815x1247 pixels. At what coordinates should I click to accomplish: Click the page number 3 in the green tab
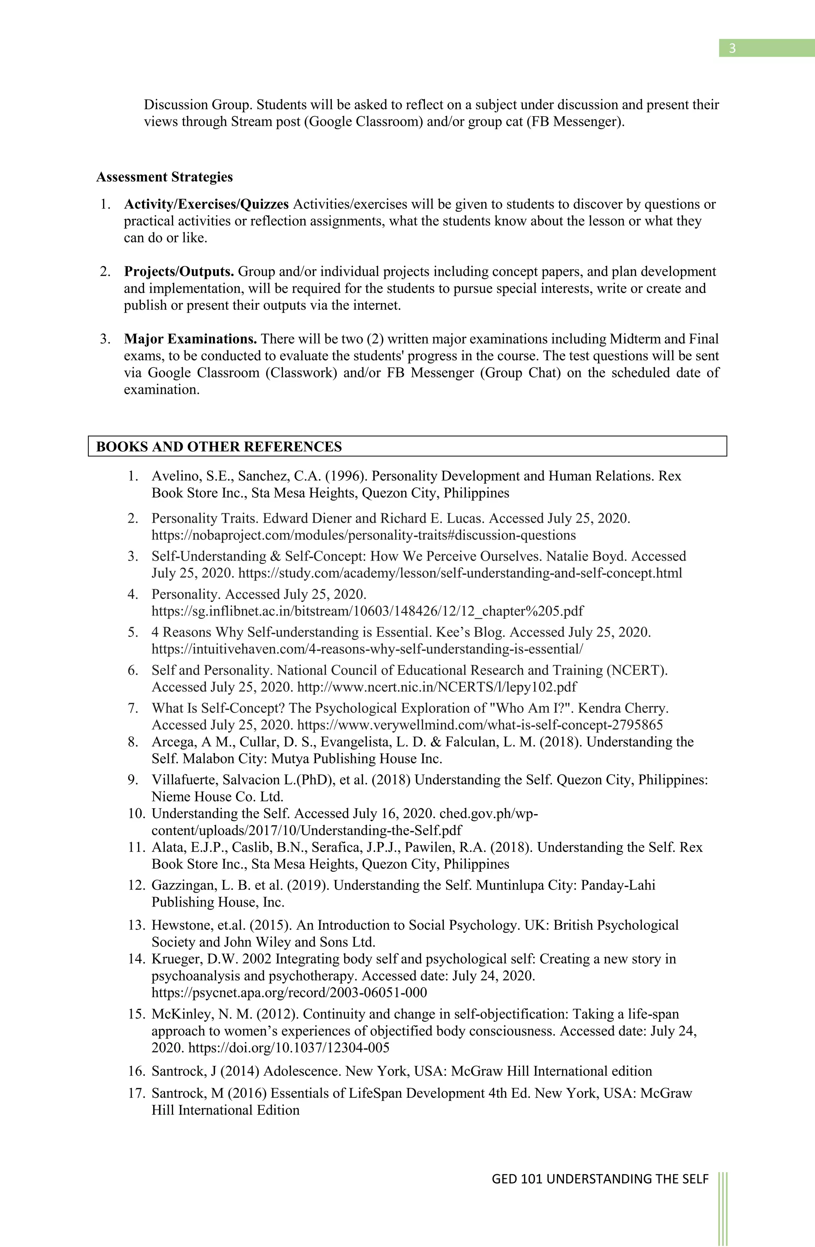click(x=732, y=49)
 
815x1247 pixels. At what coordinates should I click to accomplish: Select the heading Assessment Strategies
click(x=164, y=177)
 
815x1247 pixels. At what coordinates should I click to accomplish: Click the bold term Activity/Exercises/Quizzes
click(x=207, y=204)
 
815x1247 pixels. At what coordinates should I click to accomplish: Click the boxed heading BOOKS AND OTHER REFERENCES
click(x=219, y=447)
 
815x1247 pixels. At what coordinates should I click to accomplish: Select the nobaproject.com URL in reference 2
click(x=363, y=536)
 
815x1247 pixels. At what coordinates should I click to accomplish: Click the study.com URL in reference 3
click(x=460, y=573)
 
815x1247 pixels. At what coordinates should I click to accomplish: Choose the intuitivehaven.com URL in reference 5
click(x=367, y=649)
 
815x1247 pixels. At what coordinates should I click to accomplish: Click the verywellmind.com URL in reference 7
click(x=480, y=725)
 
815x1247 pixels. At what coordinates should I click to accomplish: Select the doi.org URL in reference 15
click(x=289, y=1048)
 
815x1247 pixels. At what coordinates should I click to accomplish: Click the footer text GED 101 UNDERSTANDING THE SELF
click(x=600, y=1179)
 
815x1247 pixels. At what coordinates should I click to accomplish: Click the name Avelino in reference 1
click(x=172, y=476)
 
